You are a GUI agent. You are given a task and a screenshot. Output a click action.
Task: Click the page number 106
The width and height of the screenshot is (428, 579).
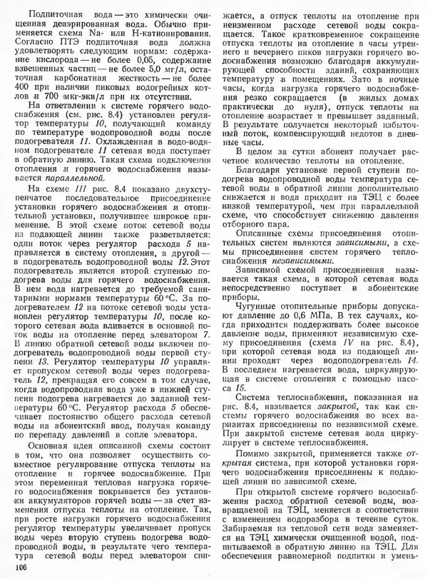[x=20, y=566]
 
